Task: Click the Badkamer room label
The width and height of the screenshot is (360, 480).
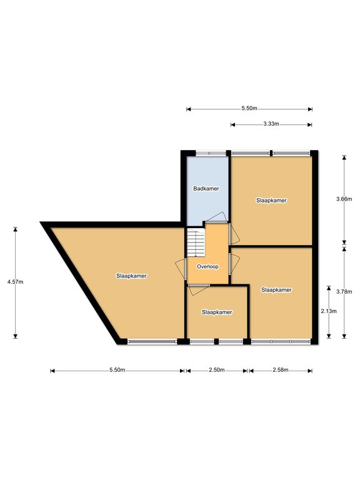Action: [x=206, y=189]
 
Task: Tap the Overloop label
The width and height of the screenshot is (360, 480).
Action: [x=207, y=267]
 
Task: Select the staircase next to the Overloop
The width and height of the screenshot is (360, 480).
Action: [x=196, y=242]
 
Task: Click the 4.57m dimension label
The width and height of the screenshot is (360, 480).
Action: [x=15, y=282]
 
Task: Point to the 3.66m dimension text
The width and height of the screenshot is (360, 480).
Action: [x=344, y=199]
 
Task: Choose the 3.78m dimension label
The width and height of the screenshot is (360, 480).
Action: [x=344, y=292]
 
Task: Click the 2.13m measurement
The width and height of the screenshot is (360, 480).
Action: [x=329, y=311]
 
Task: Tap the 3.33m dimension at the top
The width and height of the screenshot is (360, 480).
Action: [x=271, y=124]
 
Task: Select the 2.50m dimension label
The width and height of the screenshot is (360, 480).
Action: [x=217, y=370]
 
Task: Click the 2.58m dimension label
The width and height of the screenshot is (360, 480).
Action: [x=281, y=370]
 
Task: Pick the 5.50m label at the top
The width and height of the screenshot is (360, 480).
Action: [x=249, y=108]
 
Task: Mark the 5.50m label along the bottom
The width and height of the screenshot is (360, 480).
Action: [x=117, y=370]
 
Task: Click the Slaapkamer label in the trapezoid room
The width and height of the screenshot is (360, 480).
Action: [x=131, y=276]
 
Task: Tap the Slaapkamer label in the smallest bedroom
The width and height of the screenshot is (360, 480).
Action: [x=217, y=312]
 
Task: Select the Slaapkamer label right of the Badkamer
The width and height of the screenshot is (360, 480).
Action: [x=271, y=201]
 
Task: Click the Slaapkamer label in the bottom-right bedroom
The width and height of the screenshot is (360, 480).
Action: [x=276, y=290]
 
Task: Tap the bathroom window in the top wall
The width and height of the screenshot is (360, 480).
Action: [x=211, y=152]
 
